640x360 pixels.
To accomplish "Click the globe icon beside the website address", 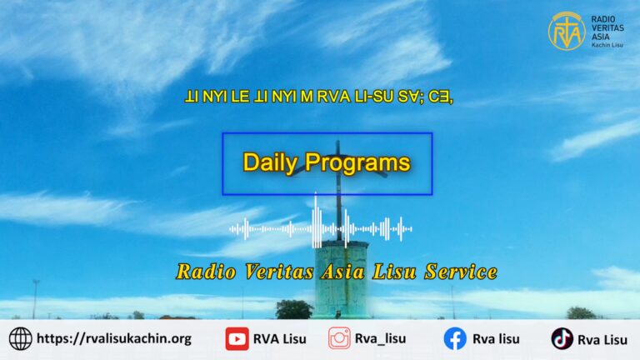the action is pyautogui.click(x=20, y=339).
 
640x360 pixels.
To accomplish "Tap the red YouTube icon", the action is pyautogui.click(x=237, y=339).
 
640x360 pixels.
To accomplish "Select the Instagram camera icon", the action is pyautogui.click(x=339, y=338).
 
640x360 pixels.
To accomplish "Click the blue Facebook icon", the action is pyautogui.click(x=455, y=339).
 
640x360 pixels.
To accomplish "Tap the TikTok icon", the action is pyautogui.click(x=562, y=339).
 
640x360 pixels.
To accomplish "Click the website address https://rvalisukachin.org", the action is pyautogui.click(x=114, y=339).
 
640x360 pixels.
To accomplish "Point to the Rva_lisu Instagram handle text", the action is pyautogui.click(x=380, y=339).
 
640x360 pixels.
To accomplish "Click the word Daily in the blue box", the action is pyautogui.click(x=270, y=162).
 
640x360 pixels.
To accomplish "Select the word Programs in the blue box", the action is pyautogui.click(x=357, y=162).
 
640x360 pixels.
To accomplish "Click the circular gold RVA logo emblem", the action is pyautogui.click(x=567, y=31).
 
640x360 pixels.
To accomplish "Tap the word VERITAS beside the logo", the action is pyautogui.click(x=607, y=27).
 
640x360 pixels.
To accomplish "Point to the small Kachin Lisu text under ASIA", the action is pyautogui.click(x=607, y=45).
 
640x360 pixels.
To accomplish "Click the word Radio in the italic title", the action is pyautogui.click(x=206, y=272).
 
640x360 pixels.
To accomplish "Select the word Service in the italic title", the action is pyautogui.click(x=461, y=272).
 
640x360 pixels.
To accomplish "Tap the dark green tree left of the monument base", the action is pyautogui.click(x=294, y=309).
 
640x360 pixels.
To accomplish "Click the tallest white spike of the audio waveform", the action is pyautogui.click(x=316, y=220).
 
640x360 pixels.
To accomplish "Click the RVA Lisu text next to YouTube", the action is pyautogui.click(x=280, y=339).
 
